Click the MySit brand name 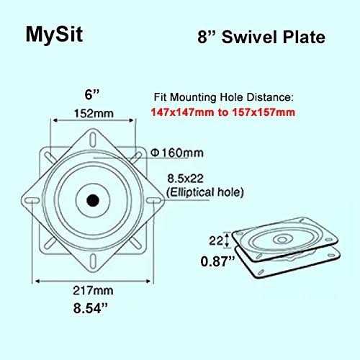pyautogui.click(x=54, y=35)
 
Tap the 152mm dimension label pyautogui.click(x=94, y=113)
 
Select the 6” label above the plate pyautogui.click(x=92, y=94)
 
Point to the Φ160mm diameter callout pyautogui.click(x=177, y=153)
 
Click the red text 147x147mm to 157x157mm pyautogui.click(x=223, y=112)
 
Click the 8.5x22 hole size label pyautogui.click(x=185, y=179)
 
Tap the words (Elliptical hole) pyautogui.click(x=205, y=192)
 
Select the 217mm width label pyautogui.click(x=93, y=291)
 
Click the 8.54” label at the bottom pyautogui.click(x=91, y=308)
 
